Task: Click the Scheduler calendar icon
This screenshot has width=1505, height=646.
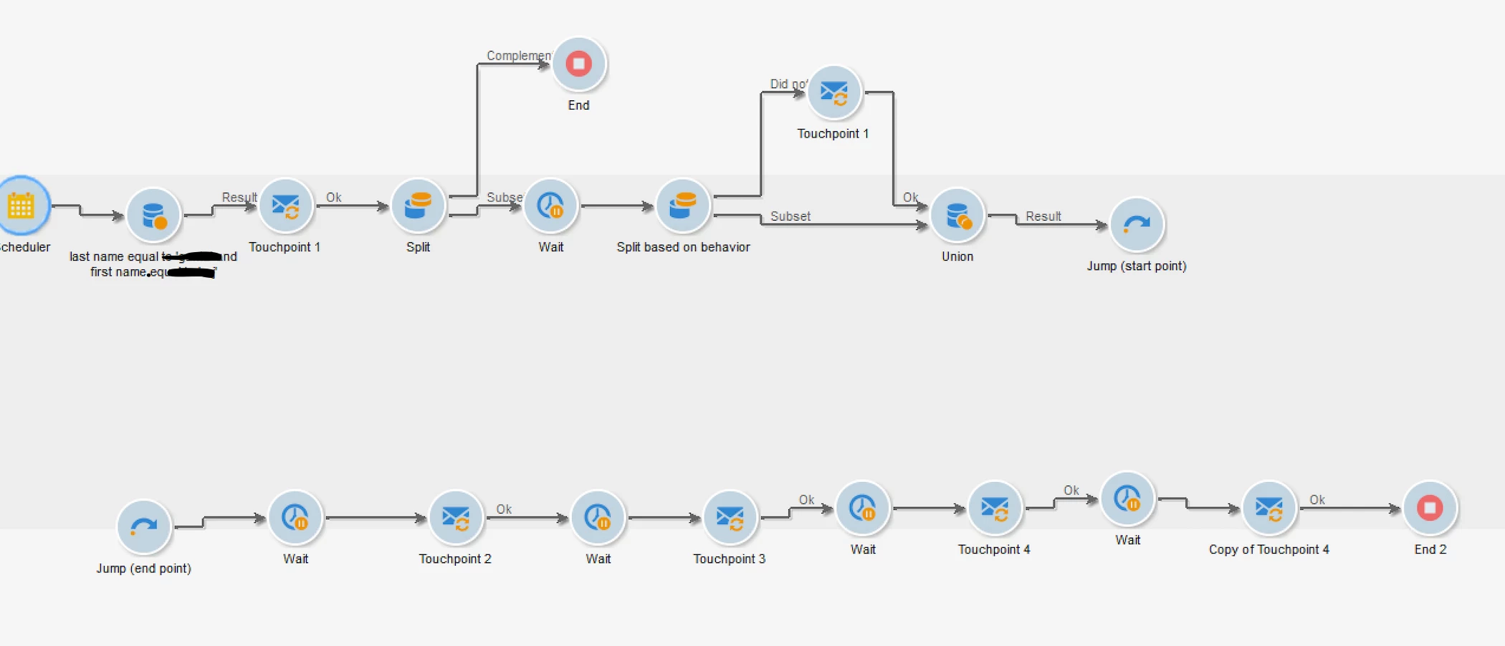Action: pos(21,206)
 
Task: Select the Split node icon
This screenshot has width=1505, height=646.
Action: pos(418,206)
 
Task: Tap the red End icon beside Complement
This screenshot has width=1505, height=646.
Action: pos(578,64)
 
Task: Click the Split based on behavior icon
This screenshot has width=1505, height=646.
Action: pos(682,206)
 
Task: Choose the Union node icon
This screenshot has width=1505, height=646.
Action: pos(957,215)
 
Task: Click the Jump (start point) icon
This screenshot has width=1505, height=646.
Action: pos(1136,225)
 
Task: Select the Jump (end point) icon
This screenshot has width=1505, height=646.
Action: pos(143,527)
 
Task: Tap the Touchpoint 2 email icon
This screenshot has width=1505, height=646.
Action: pos(455,517)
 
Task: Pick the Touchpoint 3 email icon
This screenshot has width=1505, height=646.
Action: pos(730,517)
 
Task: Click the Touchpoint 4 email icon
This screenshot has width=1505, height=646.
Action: pos(994,508)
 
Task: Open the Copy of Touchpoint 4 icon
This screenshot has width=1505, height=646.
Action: pos(1268,508)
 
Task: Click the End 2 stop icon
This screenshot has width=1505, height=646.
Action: pos(1430,508)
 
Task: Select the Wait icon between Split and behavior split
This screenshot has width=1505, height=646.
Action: pos(550,206)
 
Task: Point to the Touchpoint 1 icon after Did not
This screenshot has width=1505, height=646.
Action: pos(833,92)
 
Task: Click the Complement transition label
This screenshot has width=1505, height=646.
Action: pos(518,55)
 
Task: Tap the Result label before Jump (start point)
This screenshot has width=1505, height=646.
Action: pos(1043,216)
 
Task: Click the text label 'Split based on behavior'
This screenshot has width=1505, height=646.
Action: pos(683,247)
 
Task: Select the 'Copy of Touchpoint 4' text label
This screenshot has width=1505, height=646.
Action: pos(1268,549)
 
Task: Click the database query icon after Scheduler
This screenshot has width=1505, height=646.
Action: pos(153,215)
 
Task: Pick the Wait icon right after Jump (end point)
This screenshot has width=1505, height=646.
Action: pos(295,517)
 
